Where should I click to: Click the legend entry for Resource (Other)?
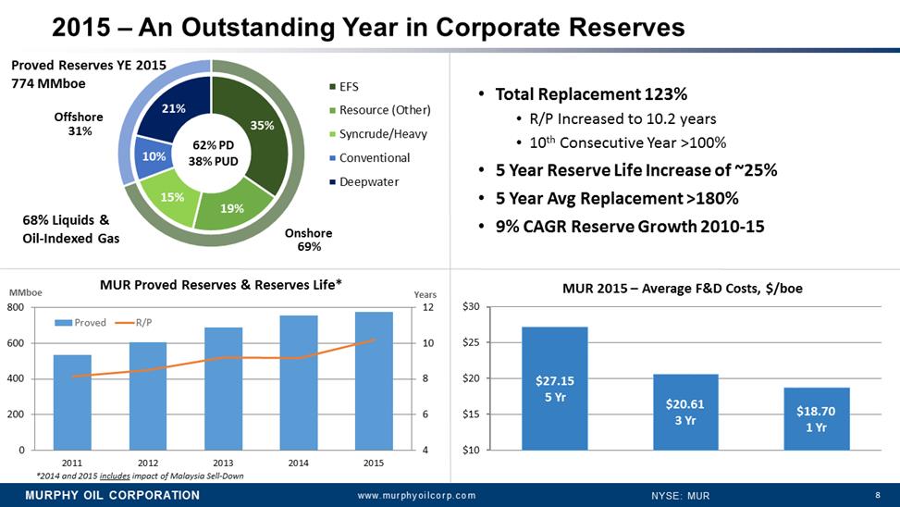(x=385, y=111)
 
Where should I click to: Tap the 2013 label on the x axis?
(x=223, y=462)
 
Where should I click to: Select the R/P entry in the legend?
(x=143, y=323)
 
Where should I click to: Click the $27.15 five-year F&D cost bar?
(x=554, y=389)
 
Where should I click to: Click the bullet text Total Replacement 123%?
(x=591, y=94)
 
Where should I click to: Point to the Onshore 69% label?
(x=309, y=240)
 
